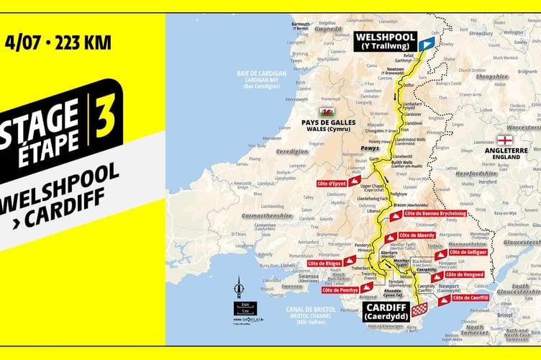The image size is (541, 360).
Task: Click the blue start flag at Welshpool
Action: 427,44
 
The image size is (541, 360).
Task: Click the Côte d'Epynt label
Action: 332,183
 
